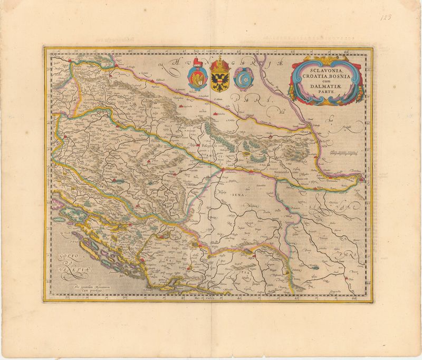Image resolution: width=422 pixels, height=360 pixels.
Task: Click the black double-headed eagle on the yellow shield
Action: pos(218,80)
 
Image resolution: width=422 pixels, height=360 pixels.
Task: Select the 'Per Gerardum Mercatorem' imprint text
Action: pos(88,288)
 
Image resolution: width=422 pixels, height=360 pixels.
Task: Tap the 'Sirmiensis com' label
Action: pos(285,171)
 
